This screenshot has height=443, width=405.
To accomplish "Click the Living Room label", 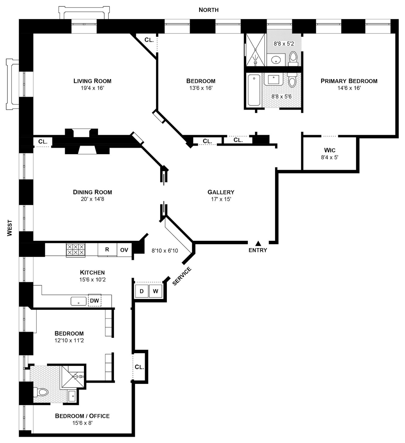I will (x=92, y=81).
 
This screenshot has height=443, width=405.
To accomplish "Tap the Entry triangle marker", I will (x=258, y=243).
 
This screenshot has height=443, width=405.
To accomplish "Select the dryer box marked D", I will (x=141, y=291).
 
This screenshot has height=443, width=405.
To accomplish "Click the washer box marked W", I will (x=155, y=291).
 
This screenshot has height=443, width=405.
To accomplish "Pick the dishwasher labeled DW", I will (x=94, y=301).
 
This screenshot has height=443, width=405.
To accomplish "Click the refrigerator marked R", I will (x=107, y=250).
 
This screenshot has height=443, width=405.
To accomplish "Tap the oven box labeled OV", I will (x=124, y=250).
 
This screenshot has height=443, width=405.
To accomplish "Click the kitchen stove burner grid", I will (x=75, y=250).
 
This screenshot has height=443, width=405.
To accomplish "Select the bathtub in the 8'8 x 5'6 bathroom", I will (x=254, y=90).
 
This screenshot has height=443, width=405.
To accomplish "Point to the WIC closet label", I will (x=329, y=150).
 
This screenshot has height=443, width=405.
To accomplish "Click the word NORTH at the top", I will (x=208, y=10).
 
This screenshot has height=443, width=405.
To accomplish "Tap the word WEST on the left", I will (x=10, y=228).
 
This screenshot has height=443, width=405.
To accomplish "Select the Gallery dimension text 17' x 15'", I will (x=221, y=199).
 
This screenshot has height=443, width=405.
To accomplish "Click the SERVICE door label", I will (x=182, y=276).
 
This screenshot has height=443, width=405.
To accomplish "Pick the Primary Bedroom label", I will (x=349, y=81).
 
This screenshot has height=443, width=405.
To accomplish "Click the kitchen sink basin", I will (x=78, y=301).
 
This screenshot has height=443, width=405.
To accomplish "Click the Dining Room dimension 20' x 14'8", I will (x=92, y=199).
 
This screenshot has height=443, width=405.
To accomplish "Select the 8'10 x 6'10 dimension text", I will (x=165, y=251).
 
